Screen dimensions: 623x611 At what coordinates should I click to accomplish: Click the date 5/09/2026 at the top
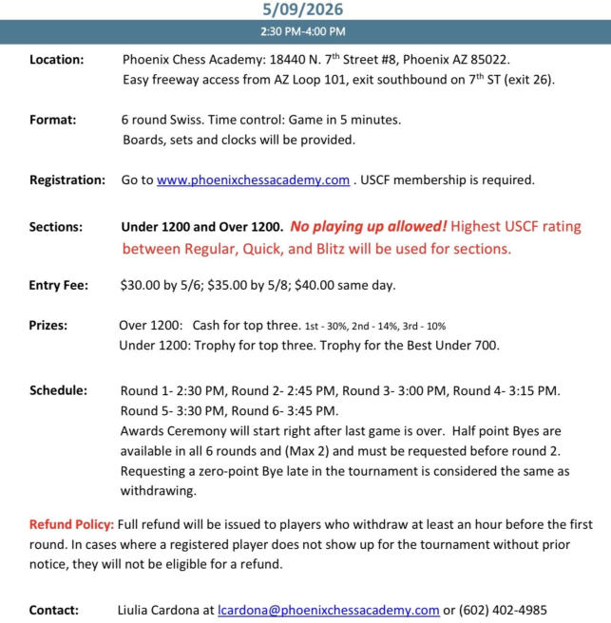click(x=304, y=9)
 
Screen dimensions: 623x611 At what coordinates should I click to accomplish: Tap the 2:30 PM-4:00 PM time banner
click(x=304, y=32)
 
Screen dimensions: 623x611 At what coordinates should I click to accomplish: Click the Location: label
click(x=57, y=59)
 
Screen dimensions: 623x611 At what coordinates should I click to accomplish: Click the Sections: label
click(x=56, y=228)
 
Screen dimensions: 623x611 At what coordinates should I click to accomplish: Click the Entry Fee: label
click(x=59, y=285)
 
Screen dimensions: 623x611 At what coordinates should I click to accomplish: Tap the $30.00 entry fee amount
click(x=141, y=285)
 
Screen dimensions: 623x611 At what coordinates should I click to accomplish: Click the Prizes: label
click(x=48, y=325)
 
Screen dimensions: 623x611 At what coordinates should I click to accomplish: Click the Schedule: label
click(x=58, y=390)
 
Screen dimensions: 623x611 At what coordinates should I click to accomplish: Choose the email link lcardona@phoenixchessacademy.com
click(x=328, y=611)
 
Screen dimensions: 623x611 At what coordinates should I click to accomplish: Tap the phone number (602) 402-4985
click(x=503, y=611)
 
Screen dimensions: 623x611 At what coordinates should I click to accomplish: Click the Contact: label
click(x=54, y=611)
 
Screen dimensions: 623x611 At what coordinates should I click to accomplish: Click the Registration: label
click(x=67, y=179)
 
